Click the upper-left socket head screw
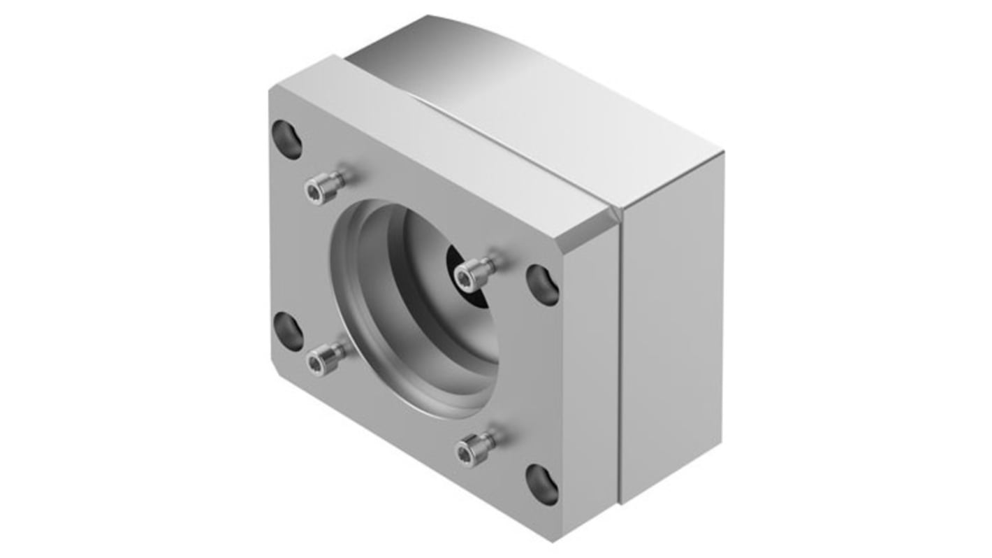point(323,188)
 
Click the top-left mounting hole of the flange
point(286,140)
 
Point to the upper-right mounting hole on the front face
point(542,285)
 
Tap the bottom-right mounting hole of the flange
point(542,484)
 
